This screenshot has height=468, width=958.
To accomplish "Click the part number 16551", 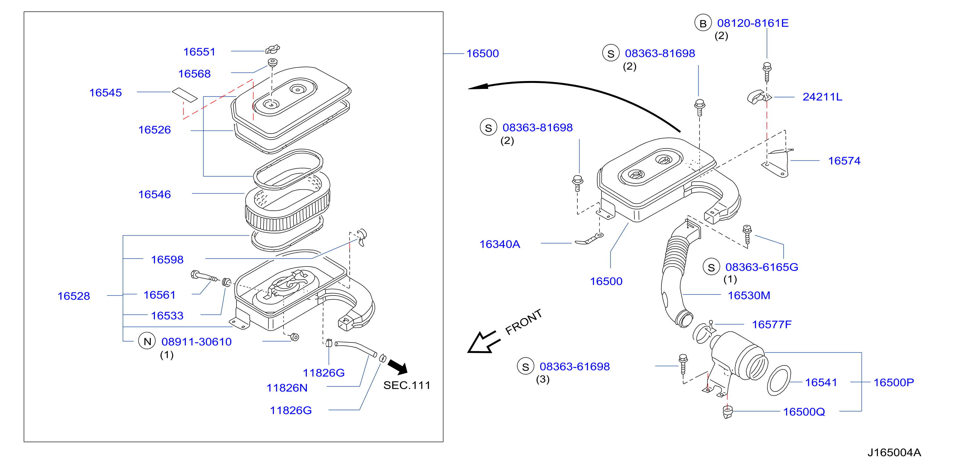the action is [x=199, y=52].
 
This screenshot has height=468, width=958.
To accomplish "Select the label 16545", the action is [x=105, y=93].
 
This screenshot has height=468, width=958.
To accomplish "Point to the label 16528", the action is [x=74, y=296].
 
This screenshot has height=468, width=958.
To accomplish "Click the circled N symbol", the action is [x=147, y=341].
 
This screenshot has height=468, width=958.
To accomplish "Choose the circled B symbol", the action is [x=703, y=23].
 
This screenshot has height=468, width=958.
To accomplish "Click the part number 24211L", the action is [x=822, y=97].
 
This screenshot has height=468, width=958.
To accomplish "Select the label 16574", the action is [x=844, y=161].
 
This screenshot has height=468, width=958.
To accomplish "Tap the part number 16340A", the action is [x=499, y=244].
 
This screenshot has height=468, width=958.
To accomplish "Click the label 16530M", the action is [x=749, y=295].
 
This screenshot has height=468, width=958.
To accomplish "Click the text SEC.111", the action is [x=406, y=385].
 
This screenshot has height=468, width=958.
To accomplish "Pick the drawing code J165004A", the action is [x=894, y=452].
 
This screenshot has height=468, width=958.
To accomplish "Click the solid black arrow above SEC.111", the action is [x=398, y=367].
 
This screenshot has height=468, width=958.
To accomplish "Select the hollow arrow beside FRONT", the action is [x=482, y=342].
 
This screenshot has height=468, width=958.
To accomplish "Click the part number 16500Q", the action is [x=804, y=412].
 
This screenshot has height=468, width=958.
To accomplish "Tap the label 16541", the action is [x=821, y=383].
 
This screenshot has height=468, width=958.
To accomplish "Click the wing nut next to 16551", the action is [x=272, y=49].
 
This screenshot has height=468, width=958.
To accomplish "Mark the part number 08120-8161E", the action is [x=753, y=23].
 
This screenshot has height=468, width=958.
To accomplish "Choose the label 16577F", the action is [x=772, y=325].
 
